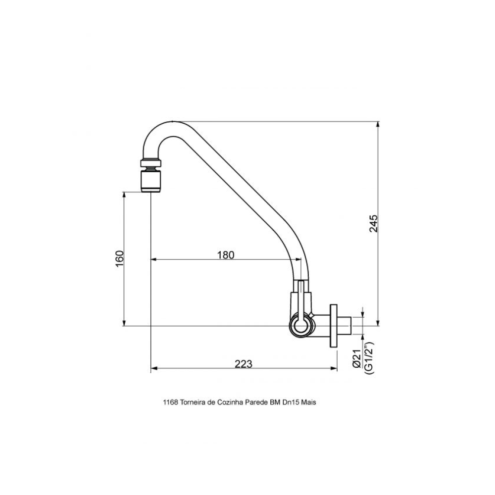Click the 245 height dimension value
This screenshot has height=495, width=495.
coord(373,224)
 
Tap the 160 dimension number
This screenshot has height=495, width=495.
coord(120,258)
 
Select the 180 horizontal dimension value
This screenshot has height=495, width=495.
coord(226,255)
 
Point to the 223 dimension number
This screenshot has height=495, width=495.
coord(244,364)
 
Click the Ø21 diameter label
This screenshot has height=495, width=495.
coord(357,358)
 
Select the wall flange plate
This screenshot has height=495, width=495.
coord(334,326)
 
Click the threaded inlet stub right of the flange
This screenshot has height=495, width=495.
coord(344,326)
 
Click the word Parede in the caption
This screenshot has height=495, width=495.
coord(256,402)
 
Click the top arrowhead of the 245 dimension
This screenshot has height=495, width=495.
coord(378,124)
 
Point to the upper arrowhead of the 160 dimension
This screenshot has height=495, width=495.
coord(124,195)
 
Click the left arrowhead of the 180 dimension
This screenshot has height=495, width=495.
coord(154,259)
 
